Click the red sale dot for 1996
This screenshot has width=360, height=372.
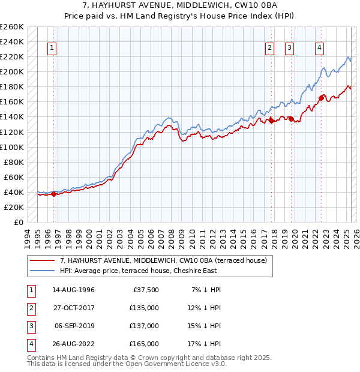[53, 194]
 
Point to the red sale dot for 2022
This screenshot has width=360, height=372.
[322, 98]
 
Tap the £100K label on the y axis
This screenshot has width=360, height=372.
[12, 147]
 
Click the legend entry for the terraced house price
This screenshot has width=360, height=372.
[167, 260]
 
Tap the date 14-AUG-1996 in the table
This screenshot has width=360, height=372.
[73, 290]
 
